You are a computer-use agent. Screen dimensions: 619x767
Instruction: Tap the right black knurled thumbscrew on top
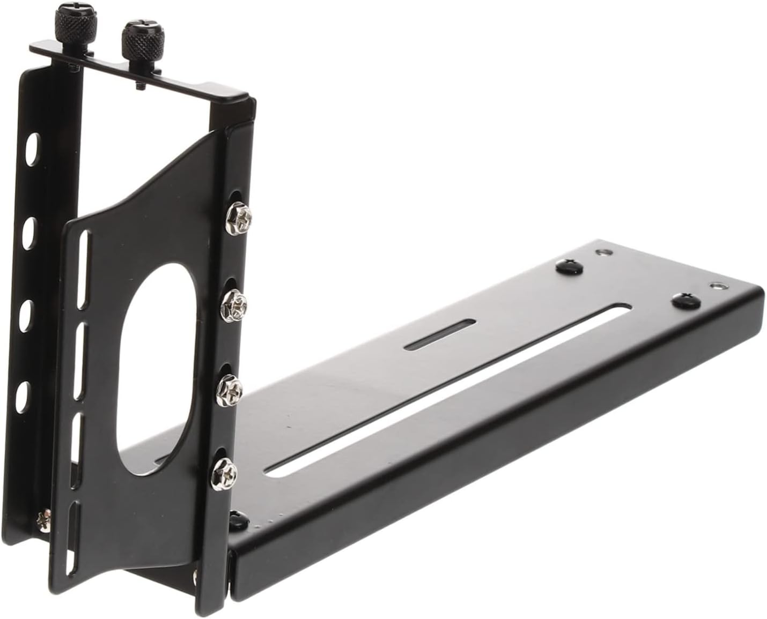pos(136,36)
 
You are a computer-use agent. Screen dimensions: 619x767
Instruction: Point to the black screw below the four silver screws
pos(237,518)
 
